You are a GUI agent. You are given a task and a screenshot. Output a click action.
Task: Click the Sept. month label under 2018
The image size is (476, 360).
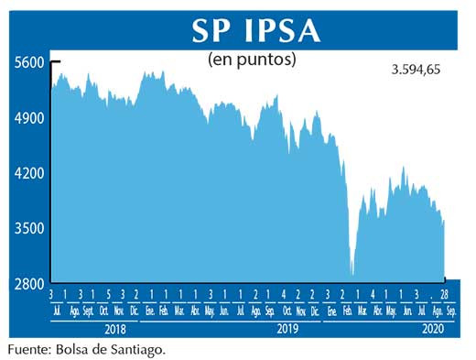(x=89, y=310)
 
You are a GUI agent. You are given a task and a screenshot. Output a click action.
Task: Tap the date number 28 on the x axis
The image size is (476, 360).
(x=446, y=294)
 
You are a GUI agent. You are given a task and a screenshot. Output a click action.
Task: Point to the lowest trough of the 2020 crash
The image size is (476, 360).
(x=352, y=273)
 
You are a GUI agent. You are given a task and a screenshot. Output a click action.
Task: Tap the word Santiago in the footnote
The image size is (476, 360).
(x=140, y=349)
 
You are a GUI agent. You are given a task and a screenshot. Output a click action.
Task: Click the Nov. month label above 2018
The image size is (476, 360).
(x=119, y=310)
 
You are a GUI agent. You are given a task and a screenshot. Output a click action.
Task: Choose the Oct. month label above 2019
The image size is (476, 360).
(x=287, y=310)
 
